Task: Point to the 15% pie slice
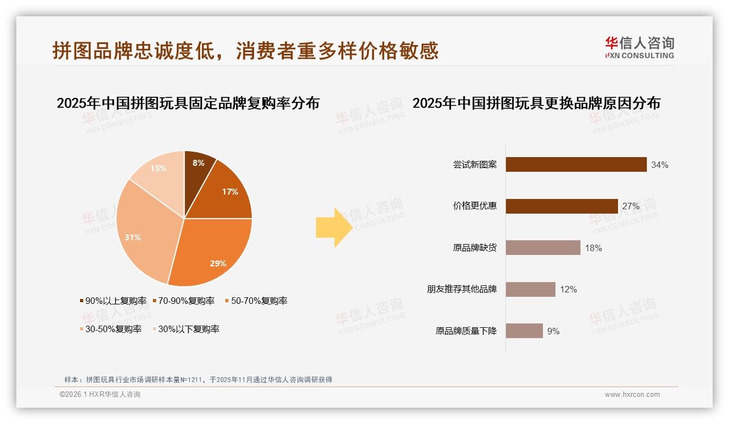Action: (158, 171)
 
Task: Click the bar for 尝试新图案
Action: (576, 165)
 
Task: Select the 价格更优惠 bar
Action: (561, 206)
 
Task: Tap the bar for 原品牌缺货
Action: (542, 248)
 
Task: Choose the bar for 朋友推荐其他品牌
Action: (530, 289)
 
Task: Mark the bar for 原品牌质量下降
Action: (524, 331)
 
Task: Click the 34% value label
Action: (659, 165)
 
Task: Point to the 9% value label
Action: (553, 331)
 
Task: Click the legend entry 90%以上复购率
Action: (113, 301)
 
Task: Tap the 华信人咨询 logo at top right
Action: (639, 47)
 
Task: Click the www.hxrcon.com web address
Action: (632, 395)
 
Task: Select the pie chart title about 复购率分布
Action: (188, 103)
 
